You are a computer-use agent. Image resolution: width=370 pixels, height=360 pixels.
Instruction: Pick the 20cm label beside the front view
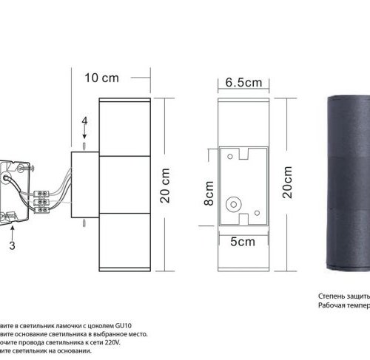tap(286, 180)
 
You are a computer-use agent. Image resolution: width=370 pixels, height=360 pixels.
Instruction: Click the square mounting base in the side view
tap(84, 183)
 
